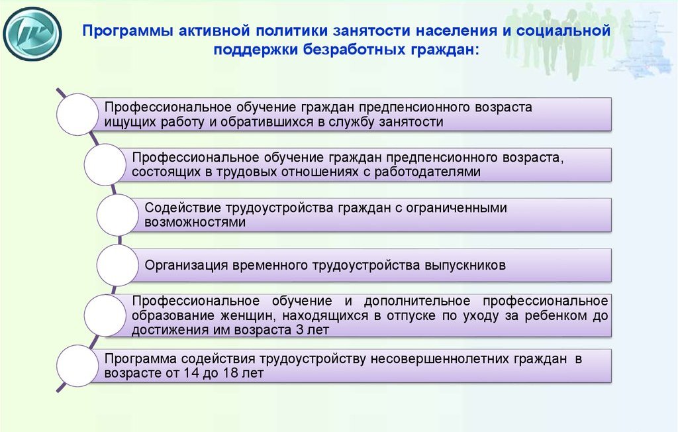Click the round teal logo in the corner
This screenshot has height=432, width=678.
[32, 33]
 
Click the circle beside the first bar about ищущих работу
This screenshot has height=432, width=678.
[77, 114]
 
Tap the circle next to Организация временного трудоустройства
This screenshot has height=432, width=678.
[118, 265]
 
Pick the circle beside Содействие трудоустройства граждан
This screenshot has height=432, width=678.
[118, 215]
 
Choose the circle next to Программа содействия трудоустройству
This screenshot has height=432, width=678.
[77, 366]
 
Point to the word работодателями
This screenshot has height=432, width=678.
[427, 172]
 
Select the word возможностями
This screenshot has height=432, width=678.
[195, 222]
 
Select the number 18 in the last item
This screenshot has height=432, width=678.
[231, 372]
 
